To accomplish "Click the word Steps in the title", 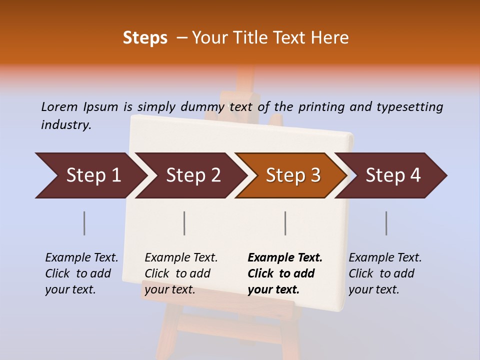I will point(145,38).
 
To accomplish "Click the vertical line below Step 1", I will point(84,223).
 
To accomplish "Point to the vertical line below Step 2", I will point(184,223).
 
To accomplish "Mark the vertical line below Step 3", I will point(285,223).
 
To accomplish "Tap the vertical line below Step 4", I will point(386,223).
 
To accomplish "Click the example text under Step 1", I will point(81,273).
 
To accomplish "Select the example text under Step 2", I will point(181,273).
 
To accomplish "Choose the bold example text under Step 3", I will point(285,273).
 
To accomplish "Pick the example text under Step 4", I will point(385,273).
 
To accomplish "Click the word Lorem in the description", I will point(59,106).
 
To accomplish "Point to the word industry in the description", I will point(66,125).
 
